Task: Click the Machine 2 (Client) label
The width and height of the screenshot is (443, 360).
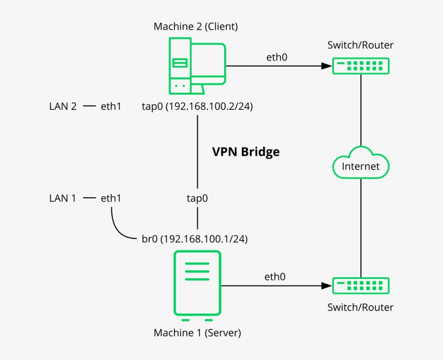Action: pos(196,26)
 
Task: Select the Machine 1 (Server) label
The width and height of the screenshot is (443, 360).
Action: pos(197,332)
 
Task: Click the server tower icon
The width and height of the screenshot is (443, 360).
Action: pos(197,283)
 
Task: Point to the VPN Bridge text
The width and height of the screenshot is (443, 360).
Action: pos(246,152)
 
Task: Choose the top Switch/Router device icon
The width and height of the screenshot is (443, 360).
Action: pos(360,66)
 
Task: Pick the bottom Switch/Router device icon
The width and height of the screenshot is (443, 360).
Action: pos(360,285)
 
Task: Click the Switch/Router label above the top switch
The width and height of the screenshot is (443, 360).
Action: pos(360,45)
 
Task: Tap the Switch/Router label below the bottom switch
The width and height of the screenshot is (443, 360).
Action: pos(360,308)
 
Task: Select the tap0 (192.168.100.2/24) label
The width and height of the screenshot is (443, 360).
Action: pos(197,106)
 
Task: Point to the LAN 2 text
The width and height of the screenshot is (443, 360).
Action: pos(63,106)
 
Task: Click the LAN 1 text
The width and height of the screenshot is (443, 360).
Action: pos(63,198)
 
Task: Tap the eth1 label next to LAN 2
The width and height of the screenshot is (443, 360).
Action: pos(111,106)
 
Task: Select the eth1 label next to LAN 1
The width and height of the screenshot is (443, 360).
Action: pos(111,198)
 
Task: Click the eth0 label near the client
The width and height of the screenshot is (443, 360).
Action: pos(277,57)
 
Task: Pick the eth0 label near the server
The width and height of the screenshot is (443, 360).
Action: pos(275,277)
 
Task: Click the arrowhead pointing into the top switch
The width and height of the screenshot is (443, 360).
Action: pos(326,66)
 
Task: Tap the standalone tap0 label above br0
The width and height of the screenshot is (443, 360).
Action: pos(197,198)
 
